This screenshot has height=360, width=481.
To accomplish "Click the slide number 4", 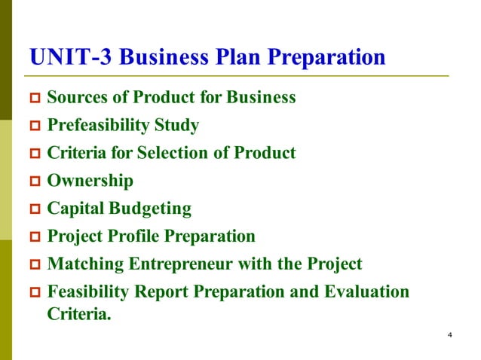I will point(449,334).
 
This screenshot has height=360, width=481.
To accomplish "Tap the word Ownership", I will point(90,181).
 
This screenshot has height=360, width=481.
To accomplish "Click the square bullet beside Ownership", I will point(34,182).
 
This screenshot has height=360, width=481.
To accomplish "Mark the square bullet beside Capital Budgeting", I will point(34,209).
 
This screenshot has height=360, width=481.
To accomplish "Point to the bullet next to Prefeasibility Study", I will point(34,126).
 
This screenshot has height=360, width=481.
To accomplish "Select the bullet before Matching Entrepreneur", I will point(34,265).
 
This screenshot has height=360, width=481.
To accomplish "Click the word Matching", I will point(82,264).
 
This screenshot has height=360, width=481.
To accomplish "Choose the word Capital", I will point(76,209).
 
